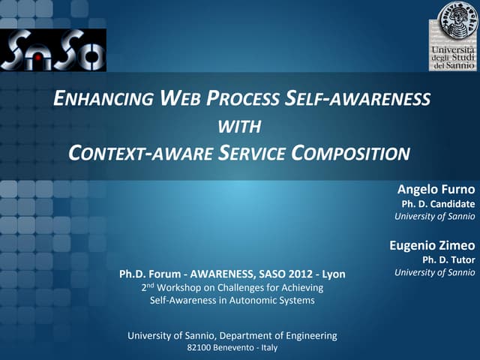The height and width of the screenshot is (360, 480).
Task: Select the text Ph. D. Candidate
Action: click(439, 204)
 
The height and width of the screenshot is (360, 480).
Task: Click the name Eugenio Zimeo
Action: click(433, 244)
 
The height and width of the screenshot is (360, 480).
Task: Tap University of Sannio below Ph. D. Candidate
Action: click(435, 217)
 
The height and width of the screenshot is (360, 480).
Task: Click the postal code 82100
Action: click(199, 348)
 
